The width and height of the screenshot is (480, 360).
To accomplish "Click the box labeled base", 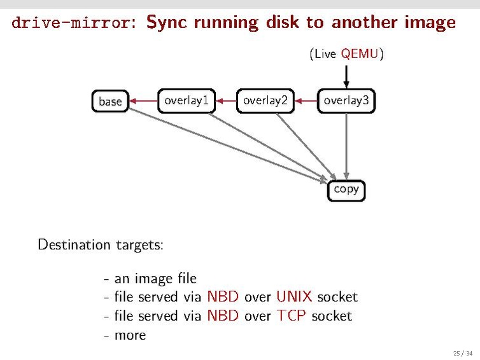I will (x=110, y=101).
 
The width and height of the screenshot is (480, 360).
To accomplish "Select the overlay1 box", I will (x=186, y=100).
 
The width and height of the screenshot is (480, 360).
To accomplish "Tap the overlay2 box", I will (x=265, y=100).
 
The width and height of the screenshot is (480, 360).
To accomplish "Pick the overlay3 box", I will (x=346, y=100).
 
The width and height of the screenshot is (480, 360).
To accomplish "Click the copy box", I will (x=346, y=190).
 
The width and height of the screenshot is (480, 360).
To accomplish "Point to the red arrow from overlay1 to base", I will (x=143, y=100).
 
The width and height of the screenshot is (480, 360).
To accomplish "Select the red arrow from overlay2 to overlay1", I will (x=225, y=100).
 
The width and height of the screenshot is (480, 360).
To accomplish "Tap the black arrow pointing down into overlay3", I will (x=346, y=76).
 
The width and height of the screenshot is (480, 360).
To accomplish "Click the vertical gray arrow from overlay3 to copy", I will (x=346, y=146).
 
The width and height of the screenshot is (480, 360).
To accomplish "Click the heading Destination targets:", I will (x=101, y=245).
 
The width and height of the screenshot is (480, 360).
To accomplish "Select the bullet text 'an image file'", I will (x=155, y=279).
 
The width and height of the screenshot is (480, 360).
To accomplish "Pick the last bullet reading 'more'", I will (x=130, y=335).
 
